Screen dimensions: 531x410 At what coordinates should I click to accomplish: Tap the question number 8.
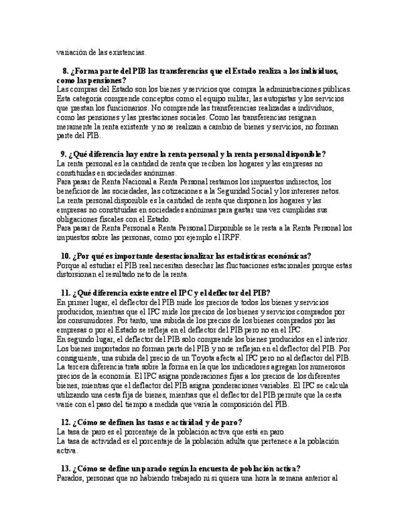[x=65, y=71]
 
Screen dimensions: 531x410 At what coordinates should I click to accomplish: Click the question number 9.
[x=63, y=154]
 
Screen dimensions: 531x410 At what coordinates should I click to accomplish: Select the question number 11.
[x=65, y=292]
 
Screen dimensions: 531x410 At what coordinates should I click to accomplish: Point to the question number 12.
[x=65, y=422]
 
